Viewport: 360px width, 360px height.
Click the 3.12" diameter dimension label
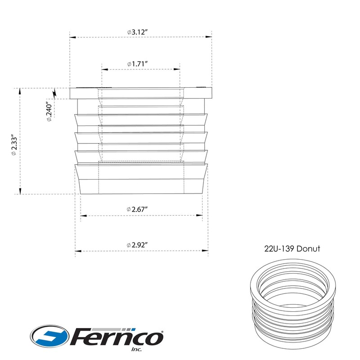(139, 32)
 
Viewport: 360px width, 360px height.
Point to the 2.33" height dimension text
(14, 144)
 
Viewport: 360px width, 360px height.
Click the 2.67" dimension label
(138, 209)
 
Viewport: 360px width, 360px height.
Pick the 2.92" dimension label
(138, 245)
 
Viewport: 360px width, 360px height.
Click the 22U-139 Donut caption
(292, 249)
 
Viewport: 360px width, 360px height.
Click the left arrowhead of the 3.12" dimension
(71, 37)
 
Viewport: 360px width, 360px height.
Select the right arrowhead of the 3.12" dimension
(209, 37)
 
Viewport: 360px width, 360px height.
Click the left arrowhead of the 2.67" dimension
(82, 215)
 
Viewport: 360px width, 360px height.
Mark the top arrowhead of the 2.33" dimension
(19, 90)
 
